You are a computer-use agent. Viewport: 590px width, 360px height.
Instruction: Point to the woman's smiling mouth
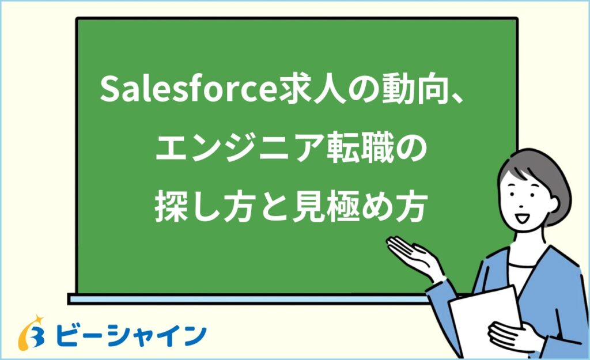pyautogui.click(x=523, y=218)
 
